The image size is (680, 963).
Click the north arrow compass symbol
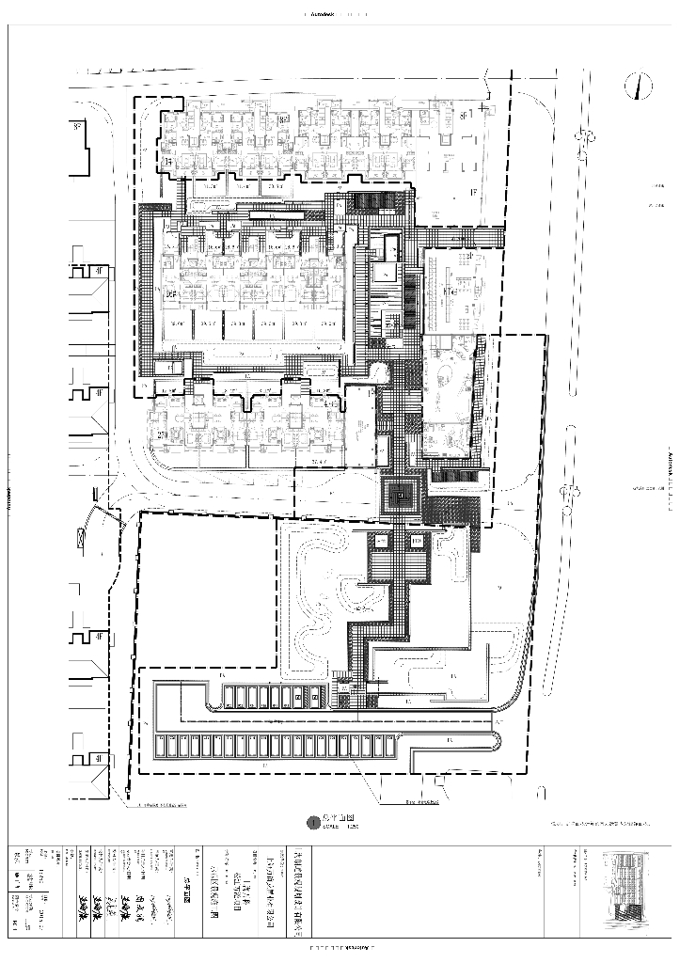click(639, 86)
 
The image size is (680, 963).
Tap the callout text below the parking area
click(422, 803)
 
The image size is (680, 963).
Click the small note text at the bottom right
click(602, 823)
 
